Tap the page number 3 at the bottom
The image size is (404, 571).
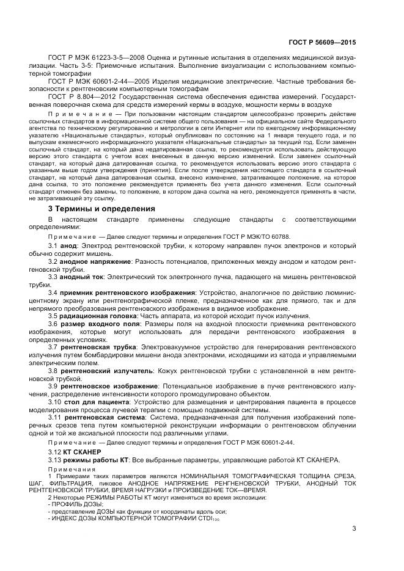tap(353, 529)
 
